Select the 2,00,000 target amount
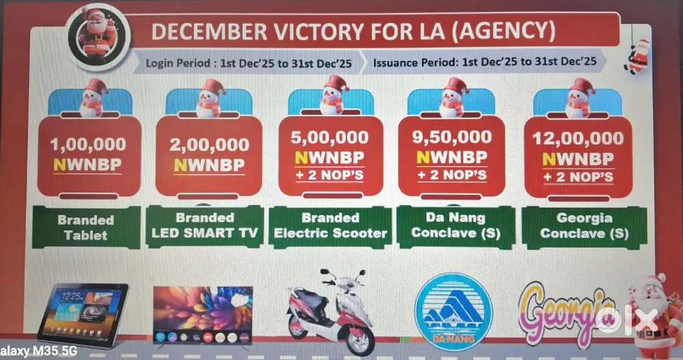coord(209,144)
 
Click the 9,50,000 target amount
coord(452,137)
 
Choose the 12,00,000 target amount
coord(578,139)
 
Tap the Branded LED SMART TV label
coord(205,225)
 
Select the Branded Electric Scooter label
coord(331,225)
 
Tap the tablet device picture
coord(83,314)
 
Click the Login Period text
coord(249,64)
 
